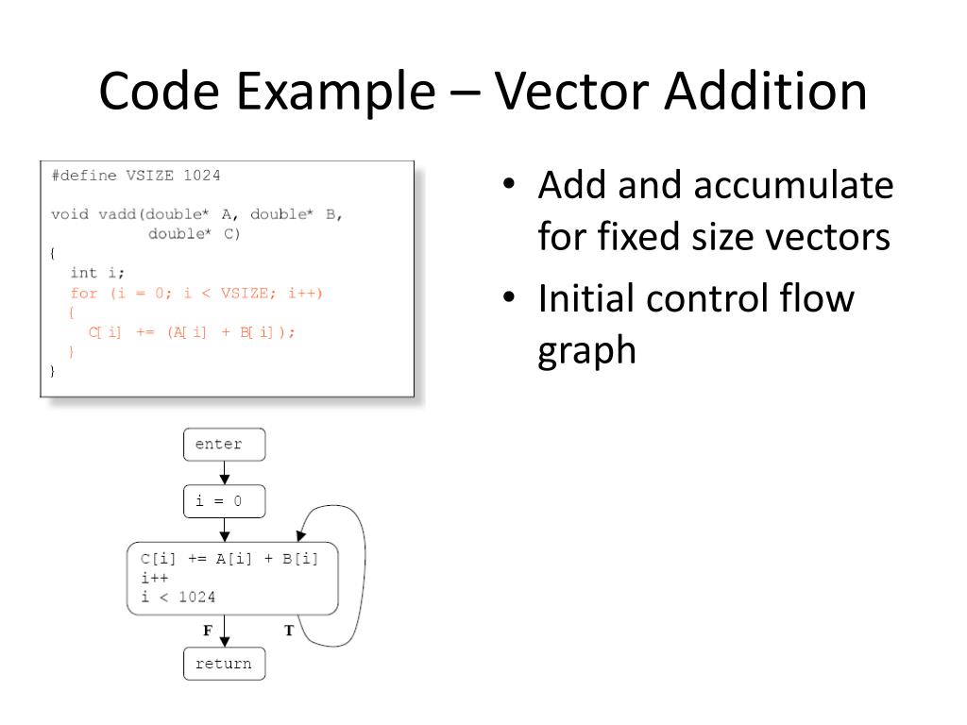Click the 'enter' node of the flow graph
click(224, 444)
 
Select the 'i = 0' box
click(224, 501)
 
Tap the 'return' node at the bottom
click(224, 664)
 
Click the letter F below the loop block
click(207, 631)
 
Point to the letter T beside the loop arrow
click(288, 631)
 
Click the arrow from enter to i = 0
click(225, 472)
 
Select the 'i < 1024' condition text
click(178, 597)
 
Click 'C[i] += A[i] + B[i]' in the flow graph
click(229, 558)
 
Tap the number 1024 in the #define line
click(201, 176)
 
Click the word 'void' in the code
click(70, 214)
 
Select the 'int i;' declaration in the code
click(97, 274)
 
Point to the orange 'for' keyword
click(84, 294)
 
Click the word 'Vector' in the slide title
click(570, 92)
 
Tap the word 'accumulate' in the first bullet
click(793, 185)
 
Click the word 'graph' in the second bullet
click(586, 350)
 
